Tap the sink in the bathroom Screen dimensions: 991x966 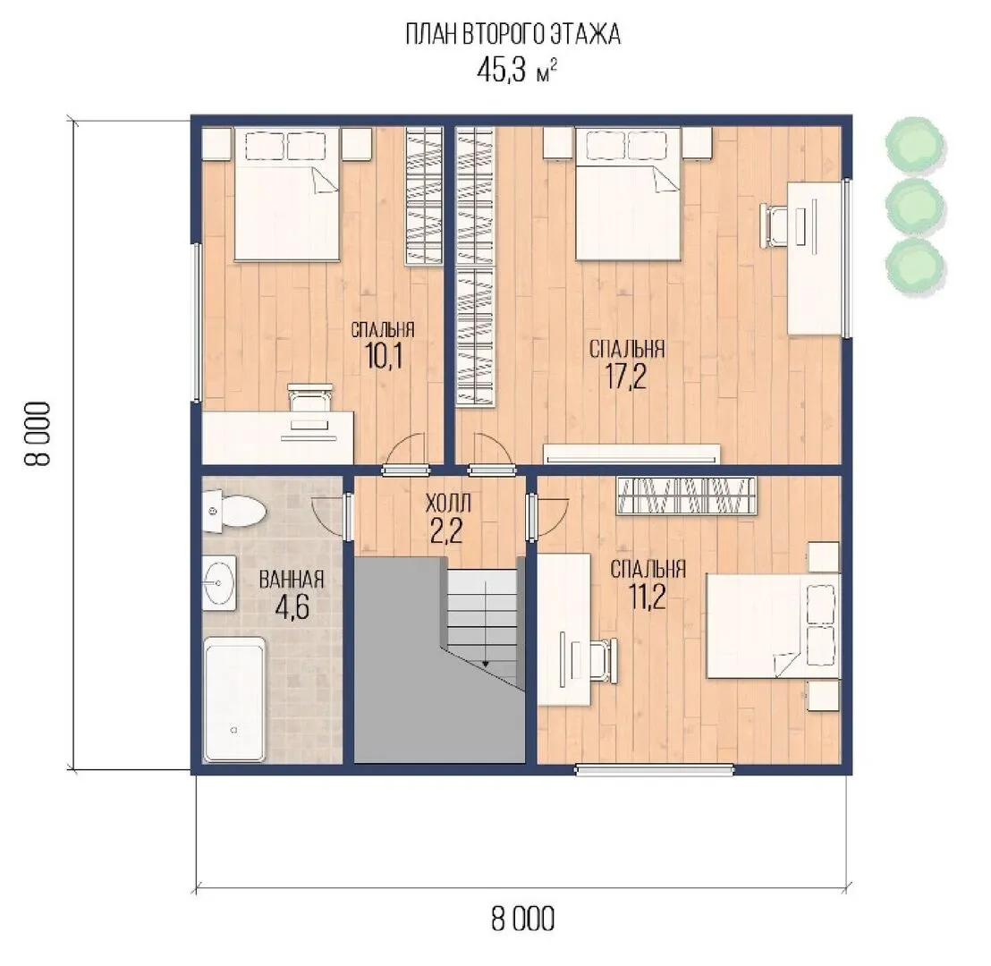click(x=218, y=583)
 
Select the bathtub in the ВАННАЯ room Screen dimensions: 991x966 click(x=233, y=699)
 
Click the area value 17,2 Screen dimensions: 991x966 click(x=626, y=377)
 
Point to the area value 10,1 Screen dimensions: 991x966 click(x=384, y=357)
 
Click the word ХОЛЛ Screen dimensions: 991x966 click(x=448, y=504)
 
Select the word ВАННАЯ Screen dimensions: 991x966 click(x=292, y=580)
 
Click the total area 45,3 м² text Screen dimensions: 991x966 click(x=516, y=70)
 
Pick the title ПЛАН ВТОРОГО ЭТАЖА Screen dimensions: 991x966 click(x=512, y=34)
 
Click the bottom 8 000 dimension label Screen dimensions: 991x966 click(x=522, y=919)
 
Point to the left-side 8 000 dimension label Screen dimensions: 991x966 click(x=38, y=434)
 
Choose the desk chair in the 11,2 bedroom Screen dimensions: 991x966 click(x=602, y=661)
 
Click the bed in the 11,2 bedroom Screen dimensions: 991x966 click(x=773, y=626)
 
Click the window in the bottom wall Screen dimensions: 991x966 click(x=655, y=769)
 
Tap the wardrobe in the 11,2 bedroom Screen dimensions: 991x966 click(x=686, y=496)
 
